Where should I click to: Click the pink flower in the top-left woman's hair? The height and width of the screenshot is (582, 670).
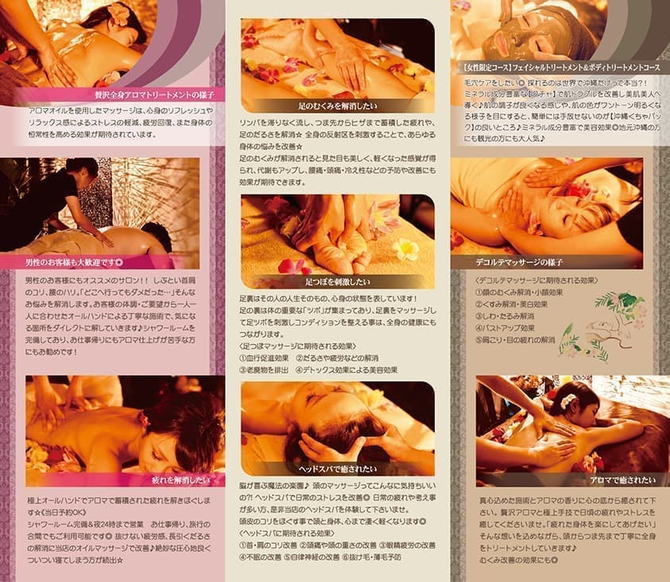click(121, 13)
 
